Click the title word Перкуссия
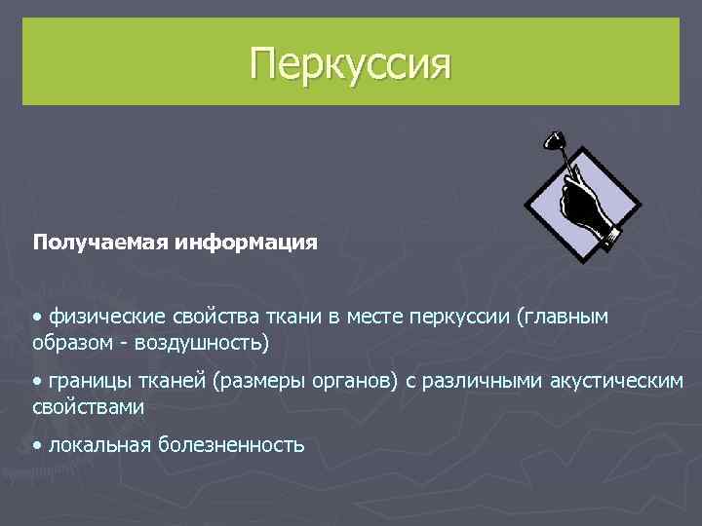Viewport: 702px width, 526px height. (351, 64)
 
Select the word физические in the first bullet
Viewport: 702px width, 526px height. (105, 317)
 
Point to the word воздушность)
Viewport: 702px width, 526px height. (205, 344)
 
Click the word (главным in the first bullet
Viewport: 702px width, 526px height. (576, 317)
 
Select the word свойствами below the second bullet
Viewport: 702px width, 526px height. (88, 407)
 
